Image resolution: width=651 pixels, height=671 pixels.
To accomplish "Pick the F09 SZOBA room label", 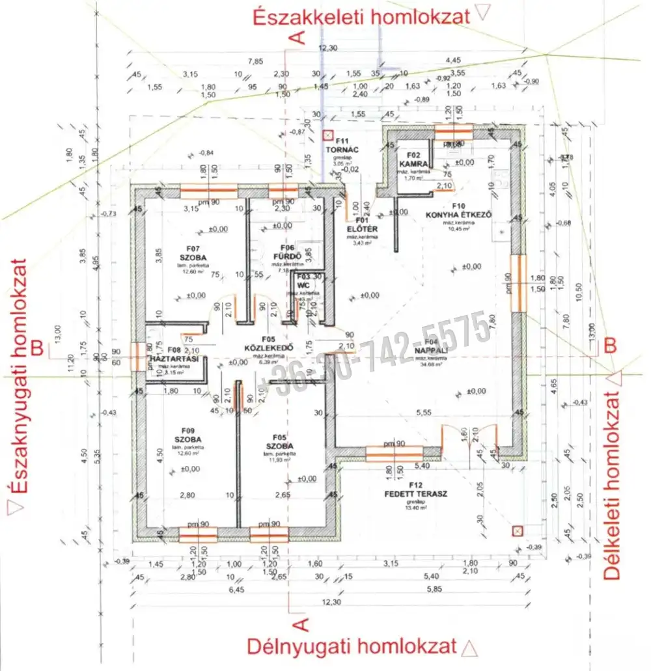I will click(x=189, y=435).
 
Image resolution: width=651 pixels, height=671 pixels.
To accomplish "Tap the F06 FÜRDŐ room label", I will click(x=287, y=251).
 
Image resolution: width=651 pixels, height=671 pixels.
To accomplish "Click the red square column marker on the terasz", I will click(x=517, y=530).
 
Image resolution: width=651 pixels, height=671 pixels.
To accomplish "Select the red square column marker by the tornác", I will click(x=327, y=136).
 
